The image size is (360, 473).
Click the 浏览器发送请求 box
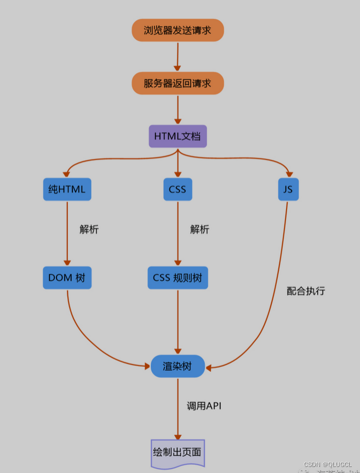pos(178,30)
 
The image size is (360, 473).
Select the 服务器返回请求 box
pos(178,83)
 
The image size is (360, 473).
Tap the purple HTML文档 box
pos(178,136)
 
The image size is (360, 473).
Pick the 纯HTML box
pos(67,189)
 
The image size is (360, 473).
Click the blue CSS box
pos(178,189)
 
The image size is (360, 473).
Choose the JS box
pos(288,189)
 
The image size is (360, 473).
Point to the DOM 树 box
pos(67,278)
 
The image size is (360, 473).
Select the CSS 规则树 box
pos(178,278)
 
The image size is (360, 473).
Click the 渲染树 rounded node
pos(178,366)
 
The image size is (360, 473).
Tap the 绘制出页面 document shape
pos(178,453)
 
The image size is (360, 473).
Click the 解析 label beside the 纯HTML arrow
pos(89,229)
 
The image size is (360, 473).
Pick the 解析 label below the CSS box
pos(199,229)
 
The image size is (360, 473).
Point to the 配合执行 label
pos(306,291)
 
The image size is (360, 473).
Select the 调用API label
pos(204,406)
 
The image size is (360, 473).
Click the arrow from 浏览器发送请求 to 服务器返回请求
pos(178,56)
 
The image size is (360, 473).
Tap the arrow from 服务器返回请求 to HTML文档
pos(178,109)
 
